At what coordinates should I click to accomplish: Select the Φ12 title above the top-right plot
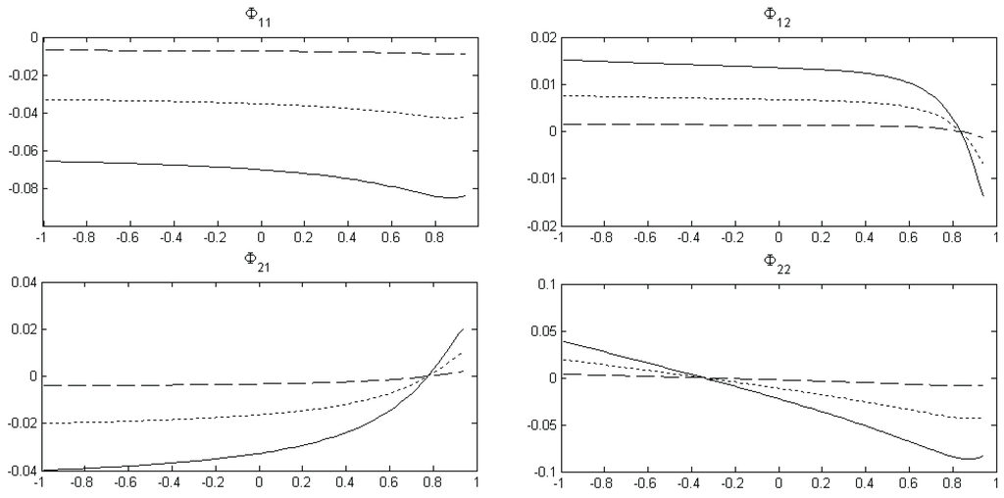(776, 14)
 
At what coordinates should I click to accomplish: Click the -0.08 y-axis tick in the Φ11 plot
(18, 188)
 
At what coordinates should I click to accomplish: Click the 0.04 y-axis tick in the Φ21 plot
(18, 283)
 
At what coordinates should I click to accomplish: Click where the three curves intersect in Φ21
(429, 374)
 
